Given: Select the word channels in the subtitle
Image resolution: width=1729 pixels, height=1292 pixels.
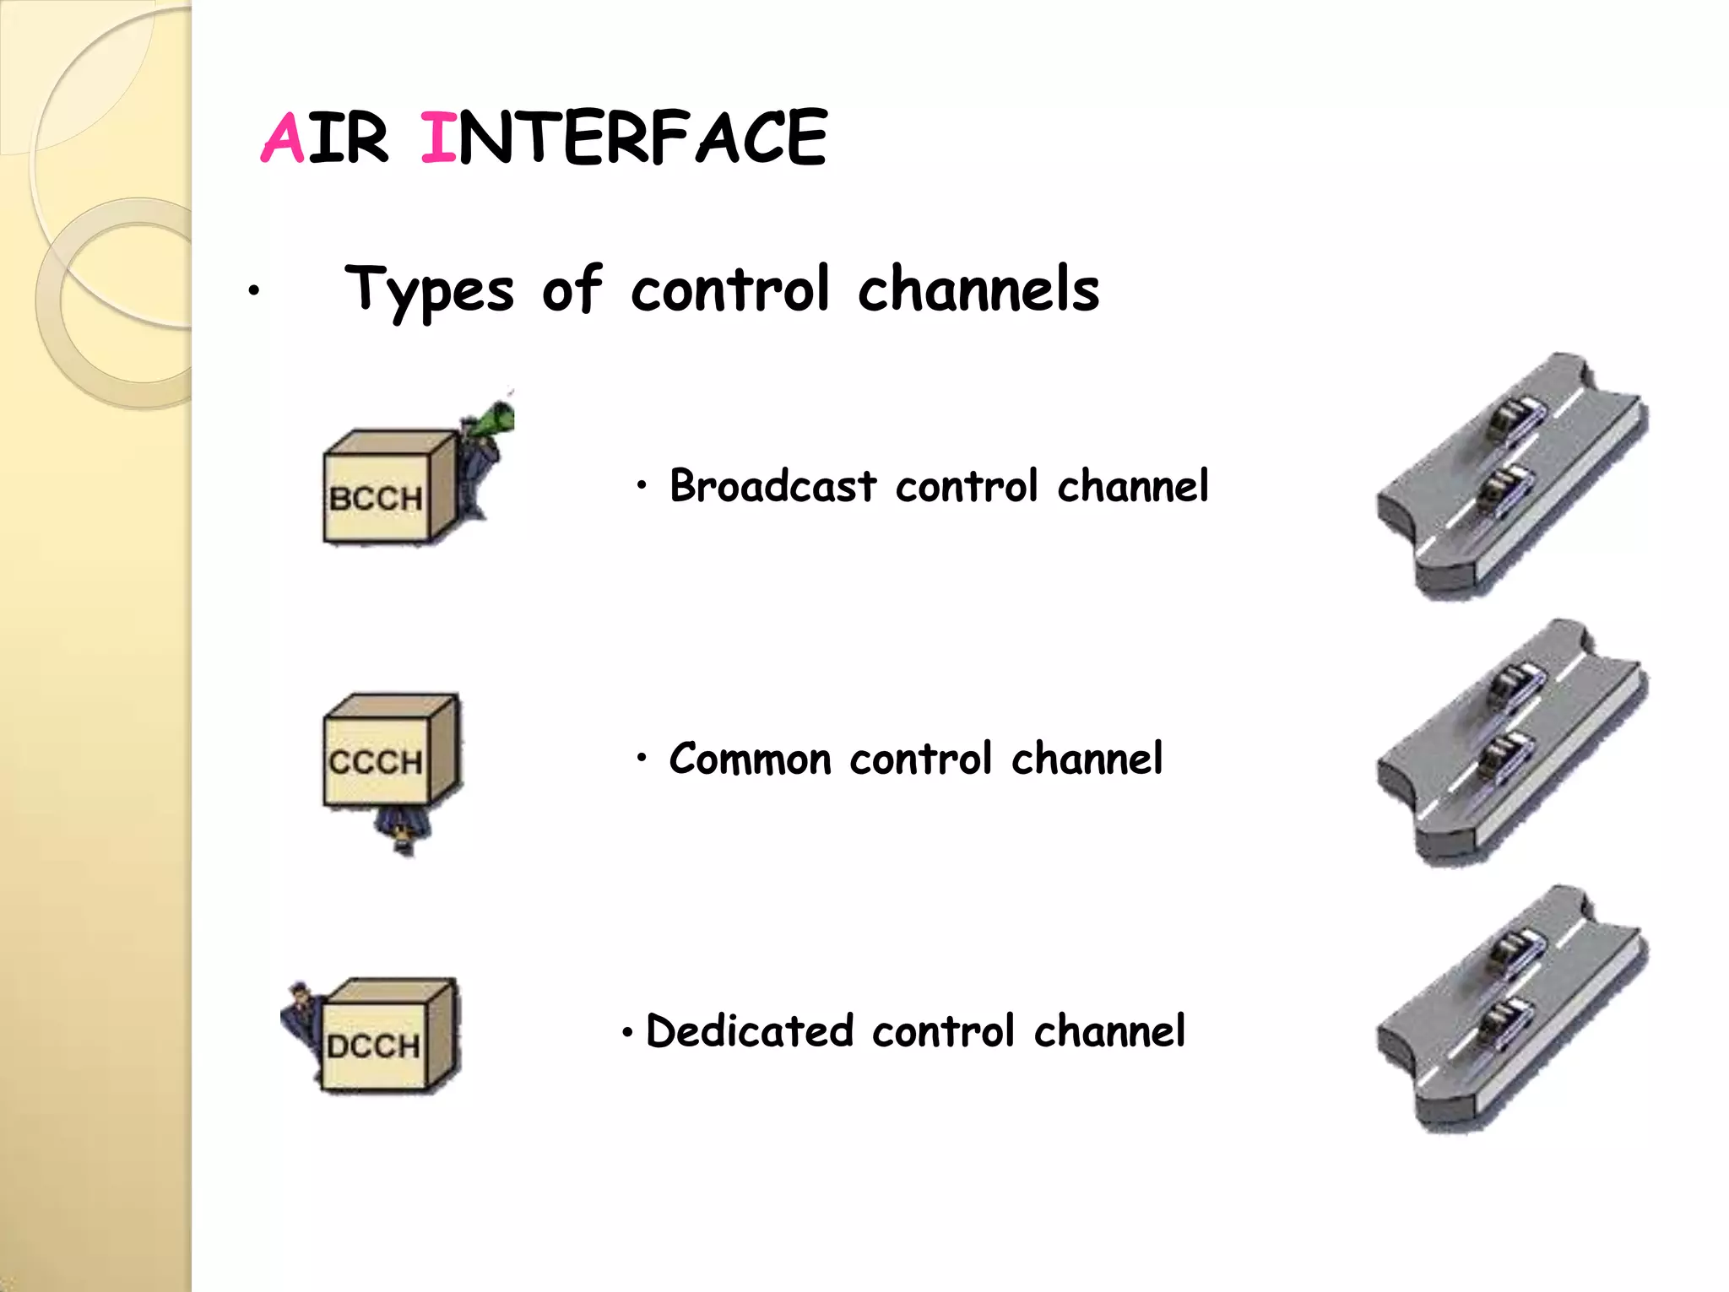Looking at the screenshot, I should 978,289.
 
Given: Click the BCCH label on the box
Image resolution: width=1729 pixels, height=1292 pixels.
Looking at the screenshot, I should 376,499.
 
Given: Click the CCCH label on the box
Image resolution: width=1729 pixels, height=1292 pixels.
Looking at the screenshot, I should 376,762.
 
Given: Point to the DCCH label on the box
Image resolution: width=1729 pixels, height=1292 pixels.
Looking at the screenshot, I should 373,1046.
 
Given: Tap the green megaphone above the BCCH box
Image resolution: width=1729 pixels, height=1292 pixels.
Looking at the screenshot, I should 492,419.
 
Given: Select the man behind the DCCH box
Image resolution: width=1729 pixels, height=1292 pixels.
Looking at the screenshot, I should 301,1017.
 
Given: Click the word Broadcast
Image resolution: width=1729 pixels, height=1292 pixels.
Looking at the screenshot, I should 773,486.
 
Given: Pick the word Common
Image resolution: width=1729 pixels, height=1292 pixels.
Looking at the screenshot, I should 750,759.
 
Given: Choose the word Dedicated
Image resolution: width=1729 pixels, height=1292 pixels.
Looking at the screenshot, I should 750,1031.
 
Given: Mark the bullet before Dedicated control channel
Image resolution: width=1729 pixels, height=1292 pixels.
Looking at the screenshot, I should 627,1033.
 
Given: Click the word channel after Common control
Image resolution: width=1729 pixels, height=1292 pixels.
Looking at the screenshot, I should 1087,758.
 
